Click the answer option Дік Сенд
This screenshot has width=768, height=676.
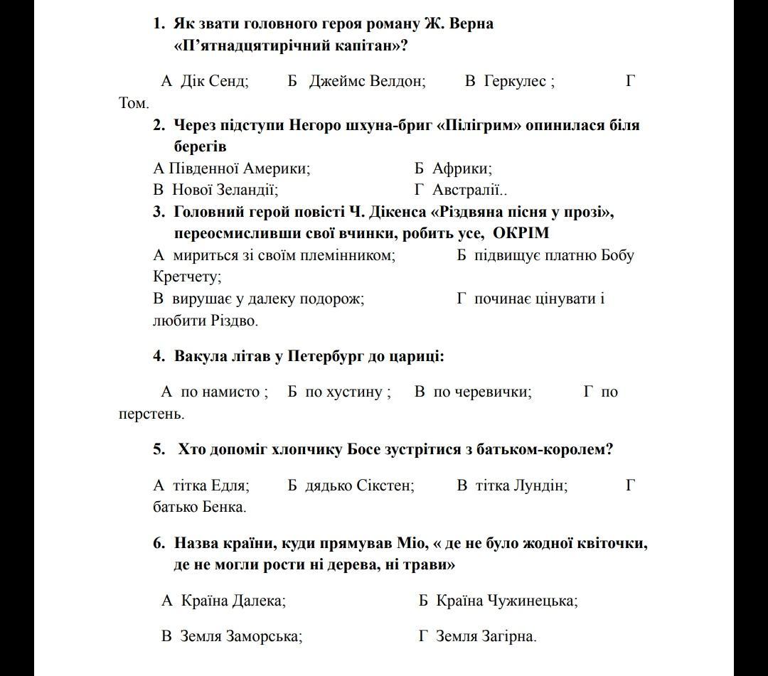(x=214, y=81)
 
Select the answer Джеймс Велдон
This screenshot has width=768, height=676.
(x=366, y=81)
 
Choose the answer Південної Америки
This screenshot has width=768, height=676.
(x=239, y=168)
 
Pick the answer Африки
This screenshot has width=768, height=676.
(x=462, y=168)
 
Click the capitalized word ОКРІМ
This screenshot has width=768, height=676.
(x=521, y=233)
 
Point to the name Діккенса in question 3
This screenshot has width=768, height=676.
(x=398, y=212)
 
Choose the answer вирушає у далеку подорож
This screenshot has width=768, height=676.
(x=267, y=299)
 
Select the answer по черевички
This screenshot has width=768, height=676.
(x=481, y=392)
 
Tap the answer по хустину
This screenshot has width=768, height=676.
(x=346, y=392)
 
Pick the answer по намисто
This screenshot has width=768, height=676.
(x=223, y=392)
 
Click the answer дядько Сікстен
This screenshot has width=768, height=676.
(x=359, y=485)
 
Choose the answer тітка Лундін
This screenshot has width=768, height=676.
(x=521, y=485)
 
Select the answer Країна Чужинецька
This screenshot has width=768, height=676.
(x=506, y=601)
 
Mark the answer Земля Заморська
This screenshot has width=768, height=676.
(x=241, y=636)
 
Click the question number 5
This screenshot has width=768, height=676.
(x=159, y=449)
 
